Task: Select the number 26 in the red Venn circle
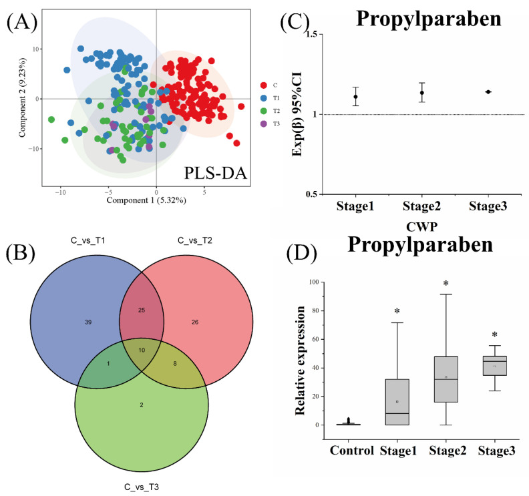195,322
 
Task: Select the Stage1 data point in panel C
356,97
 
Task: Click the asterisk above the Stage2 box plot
446,284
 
